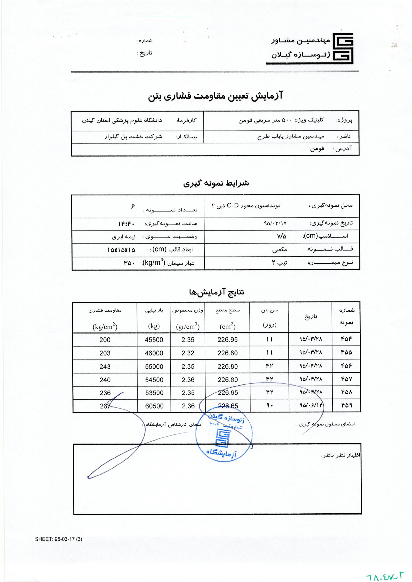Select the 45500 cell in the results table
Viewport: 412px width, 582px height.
pyautogui.click(x=154, y=340)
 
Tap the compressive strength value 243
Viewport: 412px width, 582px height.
pyautogui.click(x=105, y=366)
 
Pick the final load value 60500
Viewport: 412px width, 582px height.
pyautogui.click(x=154, y=406)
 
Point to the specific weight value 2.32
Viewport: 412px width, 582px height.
pyautogui.click(x=188, y=353)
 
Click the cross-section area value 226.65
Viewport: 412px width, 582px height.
pyautogui.click(x=228, y=406)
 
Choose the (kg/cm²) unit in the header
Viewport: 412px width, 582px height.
pyautogui.click(x=105, y=327)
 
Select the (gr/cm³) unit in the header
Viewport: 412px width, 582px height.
pyautogui.click(x=188, y=327)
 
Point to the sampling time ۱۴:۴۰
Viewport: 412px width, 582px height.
pyautogui.click(x=126, y=224)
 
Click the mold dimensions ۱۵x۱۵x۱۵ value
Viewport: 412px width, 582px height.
pyautogui.click(x=121, y=250)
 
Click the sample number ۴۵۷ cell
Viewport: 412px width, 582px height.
pyautogui.click(x=346, y=379)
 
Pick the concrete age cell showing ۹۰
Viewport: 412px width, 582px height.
pyautogui.click(x=270, y=406)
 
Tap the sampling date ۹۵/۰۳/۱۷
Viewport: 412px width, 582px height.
pyautogui.click(x=275, y=224)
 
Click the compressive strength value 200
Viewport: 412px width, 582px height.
pyautogui.click(x=105, y=340)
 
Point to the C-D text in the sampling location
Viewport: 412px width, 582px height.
pyautogui.click(x=233, y=206)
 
